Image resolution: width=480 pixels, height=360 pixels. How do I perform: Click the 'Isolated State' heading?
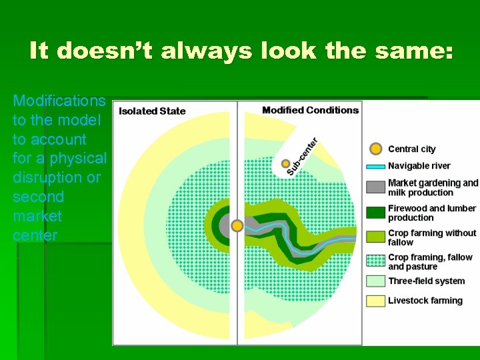tap(152, 111)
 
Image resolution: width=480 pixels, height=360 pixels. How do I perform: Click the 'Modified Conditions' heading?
tap(310, 110)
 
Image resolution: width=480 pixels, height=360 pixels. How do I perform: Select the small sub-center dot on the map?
tap(286, 164)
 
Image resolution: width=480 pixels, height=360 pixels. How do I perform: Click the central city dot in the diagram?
tap(237, 226)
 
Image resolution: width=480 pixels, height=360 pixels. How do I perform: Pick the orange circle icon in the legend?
tap(376, 149)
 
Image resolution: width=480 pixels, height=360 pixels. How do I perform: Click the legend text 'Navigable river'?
tap(419, 166)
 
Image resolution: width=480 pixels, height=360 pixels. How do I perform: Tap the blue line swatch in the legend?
tap(376, 166)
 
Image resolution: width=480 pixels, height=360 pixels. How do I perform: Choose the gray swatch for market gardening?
tap(376, 187)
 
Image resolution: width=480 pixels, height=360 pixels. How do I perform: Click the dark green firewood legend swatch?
tap(376, 213)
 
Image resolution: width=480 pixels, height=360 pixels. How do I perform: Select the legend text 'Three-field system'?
tap(427, 281)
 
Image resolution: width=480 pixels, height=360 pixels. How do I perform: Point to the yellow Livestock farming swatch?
tap(376, 301)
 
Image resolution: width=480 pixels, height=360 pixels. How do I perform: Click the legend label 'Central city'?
tap(412, 149)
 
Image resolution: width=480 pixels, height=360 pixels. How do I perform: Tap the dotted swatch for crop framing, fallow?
tap(376, 261)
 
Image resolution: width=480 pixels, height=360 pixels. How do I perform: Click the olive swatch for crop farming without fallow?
tap(376, 237)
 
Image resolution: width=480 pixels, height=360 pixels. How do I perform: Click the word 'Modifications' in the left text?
tap(59, 101)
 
